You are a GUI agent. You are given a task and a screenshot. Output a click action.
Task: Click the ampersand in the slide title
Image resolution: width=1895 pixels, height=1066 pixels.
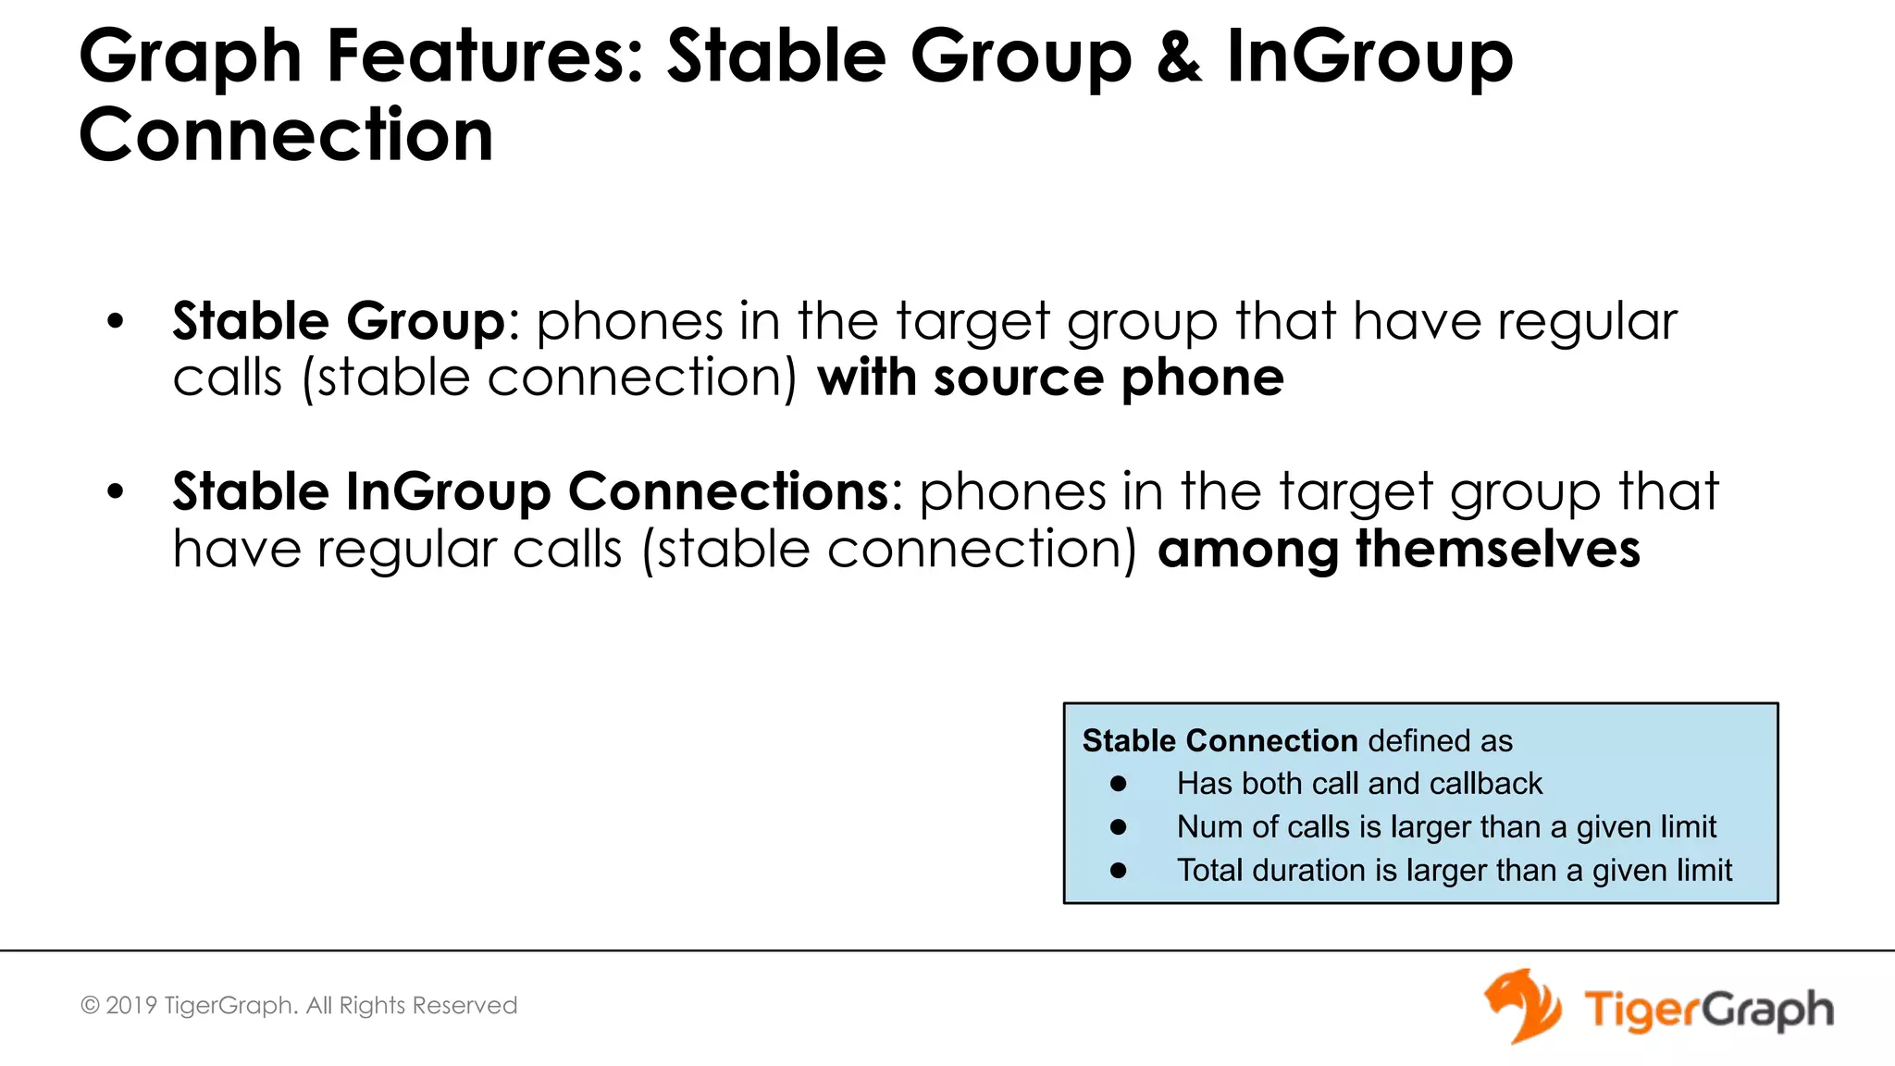point(1179,57)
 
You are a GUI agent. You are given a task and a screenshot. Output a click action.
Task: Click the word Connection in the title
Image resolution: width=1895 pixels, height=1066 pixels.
point(286,135)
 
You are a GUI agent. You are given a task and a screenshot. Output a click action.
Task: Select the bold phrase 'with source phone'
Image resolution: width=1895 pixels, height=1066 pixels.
point(1050,378)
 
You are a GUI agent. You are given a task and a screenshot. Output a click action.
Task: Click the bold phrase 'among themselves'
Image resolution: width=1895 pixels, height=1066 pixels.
point(1398,549)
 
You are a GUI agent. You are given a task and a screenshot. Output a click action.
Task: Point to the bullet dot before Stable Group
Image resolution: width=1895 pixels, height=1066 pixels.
point(115,322)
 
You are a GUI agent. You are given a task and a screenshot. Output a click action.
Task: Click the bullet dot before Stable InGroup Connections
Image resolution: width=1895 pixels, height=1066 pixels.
point(115,492)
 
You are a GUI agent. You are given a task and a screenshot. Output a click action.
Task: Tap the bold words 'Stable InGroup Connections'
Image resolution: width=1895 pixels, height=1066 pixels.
point(530,491)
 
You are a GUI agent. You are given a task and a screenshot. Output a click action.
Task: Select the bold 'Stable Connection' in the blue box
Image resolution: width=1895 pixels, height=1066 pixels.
point(1220,741)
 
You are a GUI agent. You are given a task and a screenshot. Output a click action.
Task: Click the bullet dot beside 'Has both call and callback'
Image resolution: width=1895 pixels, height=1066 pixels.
point(1119,784)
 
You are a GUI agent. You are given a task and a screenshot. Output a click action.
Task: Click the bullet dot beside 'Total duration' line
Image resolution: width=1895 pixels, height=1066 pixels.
point(1119,871)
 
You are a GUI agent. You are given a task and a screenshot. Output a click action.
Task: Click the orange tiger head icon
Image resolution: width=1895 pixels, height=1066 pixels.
point(1522,1006)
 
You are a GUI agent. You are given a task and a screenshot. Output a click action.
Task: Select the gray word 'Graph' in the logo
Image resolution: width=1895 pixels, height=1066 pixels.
point(1768,1010)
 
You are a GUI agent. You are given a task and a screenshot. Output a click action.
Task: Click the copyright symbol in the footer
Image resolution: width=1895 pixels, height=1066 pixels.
point(90,1006)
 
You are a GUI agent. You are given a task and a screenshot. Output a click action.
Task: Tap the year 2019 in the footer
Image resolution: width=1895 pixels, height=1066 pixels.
point(131,1006)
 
